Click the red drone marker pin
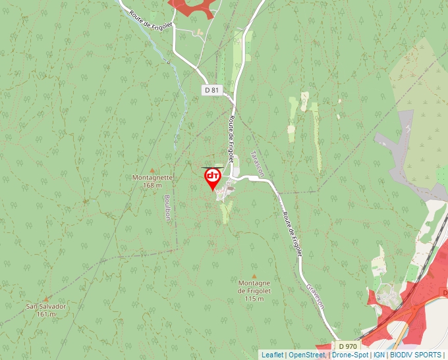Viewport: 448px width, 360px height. pos(212,178)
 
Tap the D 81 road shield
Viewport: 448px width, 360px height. pos(211,90)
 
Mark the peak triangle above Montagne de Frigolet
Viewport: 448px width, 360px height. pos(254,276)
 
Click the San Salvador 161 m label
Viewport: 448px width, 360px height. pos(46,310)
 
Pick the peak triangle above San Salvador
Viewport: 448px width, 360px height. pos(46,299)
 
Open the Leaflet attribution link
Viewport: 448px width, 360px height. pos(272,355)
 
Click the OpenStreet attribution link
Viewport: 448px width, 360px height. pos(306,355)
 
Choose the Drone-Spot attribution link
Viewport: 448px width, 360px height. pos(350,355)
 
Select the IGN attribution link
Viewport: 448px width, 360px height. pos(379,355)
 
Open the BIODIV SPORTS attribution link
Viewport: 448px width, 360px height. pos(416,355)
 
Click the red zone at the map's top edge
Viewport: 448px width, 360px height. pos(193,7)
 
